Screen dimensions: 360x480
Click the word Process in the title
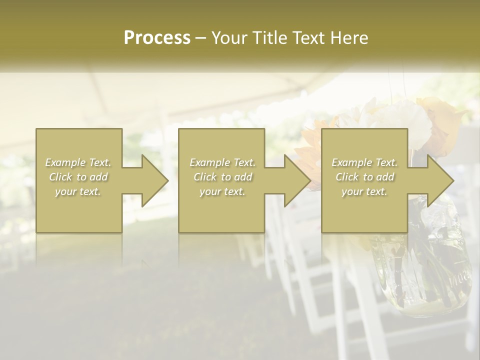tap(157, 38)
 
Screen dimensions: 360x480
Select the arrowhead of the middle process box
tap(296, 180)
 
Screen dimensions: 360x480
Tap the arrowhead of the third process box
tap(439, 180)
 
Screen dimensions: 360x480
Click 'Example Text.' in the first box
tap(78, 162)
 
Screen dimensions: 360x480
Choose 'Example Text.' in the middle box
tap(222, 162)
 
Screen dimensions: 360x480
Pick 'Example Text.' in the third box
tap(364, 162)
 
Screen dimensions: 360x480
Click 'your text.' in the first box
tap(78, 191)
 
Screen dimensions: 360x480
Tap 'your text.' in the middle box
tap(222, 191)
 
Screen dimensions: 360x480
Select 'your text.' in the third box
tap(364, 191)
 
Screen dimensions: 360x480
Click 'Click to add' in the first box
tap(78, 177)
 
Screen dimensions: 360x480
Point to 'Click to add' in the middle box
tap(222, 177)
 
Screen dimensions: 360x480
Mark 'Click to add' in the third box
tap(364, 177)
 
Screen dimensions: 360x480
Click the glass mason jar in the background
tap(420, 270)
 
